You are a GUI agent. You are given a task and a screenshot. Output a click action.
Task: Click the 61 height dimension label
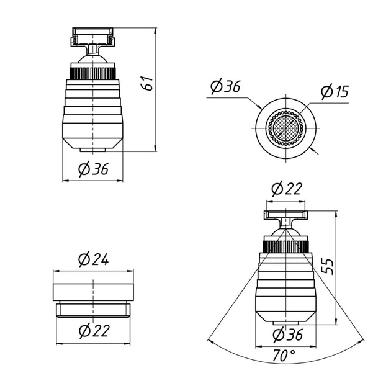(x=147, y=83)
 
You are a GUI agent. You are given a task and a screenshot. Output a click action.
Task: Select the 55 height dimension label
(x=326, y=267)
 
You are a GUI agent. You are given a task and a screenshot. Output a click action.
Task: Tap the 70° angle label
(x=284, y=356)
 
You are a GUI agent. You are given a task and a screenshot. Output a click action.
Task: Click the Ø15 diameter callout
(x=335, y=91)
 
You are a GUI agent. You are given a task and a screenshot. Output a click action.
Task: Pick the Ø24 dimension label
(x=93, y=259)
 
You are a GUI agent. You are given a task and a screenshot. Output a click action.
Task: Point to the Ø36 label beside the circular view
(x=225, y=86)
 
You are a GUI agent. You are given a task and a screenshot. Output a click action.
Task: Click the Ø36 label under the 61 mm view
(x=93, y=169)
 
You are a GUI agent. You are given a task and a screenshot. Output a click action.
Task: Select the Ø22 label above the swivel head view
(x=287, y=189)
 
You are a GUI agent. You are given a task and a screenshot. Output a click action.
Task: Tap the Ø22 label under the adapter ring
(x=94, y=331)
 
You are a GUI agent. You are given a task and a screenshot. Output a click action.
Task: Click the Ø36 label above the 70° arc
(x=288, y=335)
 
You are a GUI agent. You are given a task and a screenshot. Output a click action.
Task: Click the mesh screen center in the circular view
(x=285, y=128)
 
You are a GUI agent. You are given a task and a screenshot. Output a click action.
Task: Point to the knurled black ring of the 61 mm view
(x=92, y=74)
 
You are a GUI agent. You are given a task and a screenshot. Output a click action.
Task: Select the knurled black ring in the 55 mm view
(x=285, y=247)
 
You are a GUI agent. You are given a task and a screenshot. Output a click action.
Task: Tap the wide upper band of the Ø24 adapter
(x=93, y=292)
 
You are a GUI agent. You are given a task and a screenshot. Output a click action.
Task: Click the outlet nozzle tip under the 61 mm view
(x=92, y=150)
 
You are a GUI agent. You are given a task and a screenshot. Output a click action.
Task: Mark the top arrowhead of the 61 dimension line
(x=155, y=30)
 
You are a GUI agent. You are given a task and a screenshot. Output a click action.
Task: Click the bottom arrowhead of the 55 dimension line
(x=336, y=321)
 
